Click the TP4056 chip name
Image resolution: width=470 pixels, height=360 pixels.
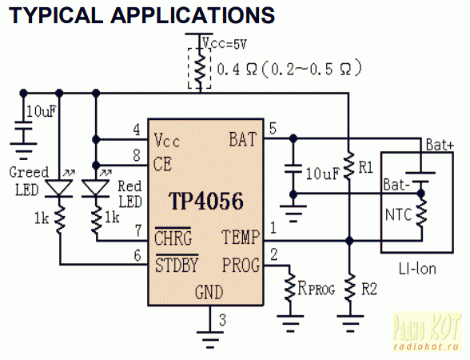[x=206, y=201]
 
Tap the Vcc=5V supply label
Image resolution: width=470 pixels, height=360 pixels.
[x=225, y=44]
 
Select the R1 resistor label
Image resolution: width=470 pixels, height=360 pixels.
[x=366, y=166]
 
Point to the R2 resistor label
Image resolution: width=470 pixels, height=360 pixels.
[x=369, y=290]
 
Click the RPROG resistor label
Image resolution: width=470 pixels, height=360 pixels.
[x=316, y=288]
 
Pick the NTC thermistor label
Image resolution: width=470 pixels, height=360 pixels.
[x=398, y=214]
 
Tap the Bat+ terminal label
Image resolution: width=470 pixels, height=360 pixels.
[x=440, y=146]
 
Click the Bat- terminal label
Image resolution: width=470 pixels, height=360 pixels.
[x=396, y=185]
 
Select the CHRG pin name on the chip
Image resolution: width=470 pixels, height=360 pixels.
[x=173, y=238]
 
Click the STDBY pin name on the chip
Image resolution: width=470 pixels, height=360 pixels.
[x=177, y=265]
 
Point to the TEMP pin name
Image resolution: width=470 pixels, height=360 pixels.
[x=241, y=238]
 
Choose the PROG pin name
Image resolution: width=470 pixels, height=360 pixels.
[x=241, y=265]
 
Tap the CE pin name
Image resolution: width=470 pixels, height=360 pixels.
[x=162, y=164]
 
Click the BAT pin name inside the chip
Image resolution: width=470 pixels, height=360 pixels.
[x=243, y=139]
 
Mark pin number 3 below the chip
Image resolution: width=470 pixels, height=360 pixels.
[x=222, y=320]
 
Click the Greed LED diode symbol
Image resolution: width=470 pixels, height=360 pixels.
[x=59, y=189]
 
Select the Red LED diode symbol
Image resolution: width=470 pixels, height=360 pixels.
[x=96, y=189]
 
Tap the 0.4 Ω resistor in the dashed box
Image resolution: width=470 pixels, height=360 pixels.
[x=200, y=69]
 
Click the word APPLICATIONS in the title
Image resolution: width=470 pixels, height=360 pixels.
[x=193, y=15]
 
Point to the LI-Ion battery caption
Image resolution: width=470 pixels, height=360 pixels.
[x=417, y=269]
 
